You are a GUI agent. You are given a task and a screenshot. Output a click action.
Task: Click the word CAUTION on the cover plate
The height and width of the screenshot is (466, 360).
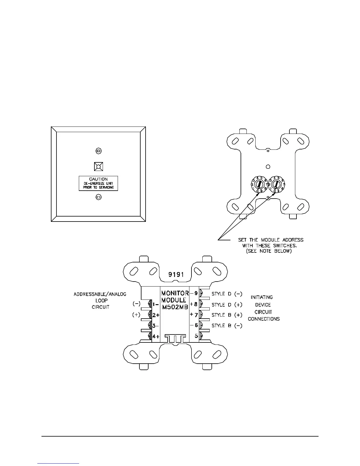coord(98,179)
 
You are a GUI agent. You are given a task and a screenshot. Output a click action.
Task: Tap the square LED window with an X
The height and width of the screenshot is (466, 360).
coord(99,167)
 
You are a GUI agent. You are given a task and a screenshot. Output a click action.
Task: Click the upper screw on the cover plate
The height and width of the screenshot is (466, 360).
coord(99,151)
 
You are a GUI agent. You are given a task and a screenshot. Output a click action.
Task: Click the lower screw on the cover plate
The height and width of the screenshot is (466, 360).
coord(99,197)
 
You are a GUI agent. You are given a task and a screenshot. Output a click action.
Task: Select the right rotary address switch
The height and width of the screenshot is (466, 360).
coord(276,184)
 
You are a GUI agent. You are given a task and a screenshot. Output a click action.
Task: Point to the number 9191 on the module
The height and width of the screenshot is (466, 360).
coord(176,275)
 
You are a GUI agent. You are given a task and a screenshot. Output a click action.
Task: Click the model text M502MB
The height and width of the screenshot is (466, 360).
coord(175,307)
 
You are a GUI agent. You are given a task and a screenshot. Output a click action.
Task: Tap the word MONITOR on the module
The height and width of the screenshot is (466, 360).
coord(175,293)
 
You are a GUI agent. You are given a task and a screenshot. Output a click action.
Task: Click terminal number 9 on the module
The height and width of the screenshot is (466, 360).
coord(196,293)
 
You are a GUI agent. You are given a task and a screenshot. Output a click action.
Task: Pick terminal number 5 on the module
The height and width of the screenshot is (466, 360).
coord(196,335)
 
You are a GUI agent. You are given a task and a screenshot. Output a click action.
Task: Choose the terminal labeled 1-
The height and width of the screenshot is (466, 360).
coord(156,304)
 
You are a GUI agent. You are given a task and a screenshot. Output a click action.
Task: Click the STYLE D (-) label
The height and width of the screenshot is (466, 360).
coord(227,294)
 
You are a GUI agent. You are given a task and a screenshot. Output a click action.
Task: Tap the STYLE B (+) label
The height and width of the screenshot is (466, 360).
coord(227,315)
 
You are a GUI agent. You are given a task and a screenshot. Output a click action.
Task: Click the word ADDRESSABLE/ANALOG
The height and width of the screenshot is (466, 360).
coord(100,294)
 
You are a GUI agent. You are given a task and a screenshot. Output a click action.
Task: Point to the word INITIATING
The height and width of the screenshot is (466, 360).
coord(262,297)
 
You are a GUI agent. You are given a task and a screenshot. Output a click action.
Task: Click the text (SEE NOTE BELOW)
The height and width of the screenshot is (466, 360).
coord(269,252)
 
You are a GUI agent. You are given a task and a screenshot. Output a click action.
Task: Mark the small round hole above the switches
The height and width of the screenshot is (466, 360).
coord(268,167)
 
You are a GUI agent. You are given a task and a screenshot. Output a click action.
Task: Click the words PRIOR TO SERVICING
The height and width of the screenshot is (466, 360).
coord(98,188)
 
